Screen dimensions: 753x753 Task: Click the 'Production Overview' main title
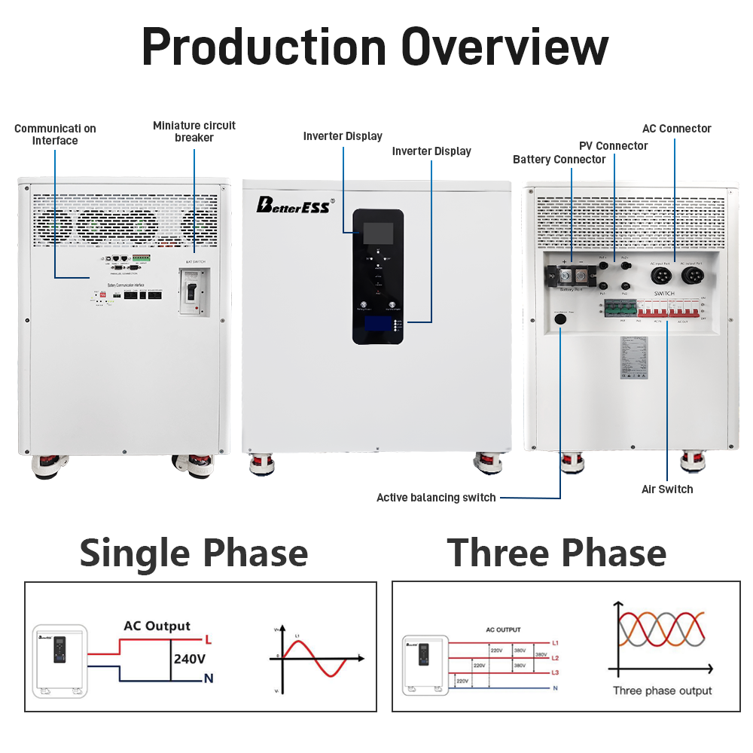pos(375,47)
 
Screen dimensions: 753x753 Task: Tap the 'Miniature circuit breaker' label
pos(194,131)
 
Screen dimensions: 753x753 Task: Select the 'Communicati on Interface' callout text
pos(55,135)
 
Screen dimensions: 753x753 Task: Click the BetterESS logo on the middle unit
pos(293,206)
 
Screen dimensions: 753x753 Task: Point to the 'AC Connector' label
pos(676,129)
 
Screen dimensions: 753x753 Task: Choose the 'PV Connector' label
pos(613,145)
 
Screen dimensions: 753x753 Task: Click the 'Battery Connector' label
pos(559,160)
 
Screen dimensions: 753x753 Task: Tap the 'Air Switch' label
pos(667,489)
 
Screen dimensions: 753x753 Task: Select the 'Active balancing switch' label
pos(436,498)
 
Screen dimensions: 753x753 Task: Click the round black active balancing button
pos(560,319)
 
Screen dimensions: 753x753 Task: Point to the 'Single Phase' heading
pos(194,553)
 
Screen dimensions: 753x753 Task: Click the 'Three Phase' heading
pos(556,553)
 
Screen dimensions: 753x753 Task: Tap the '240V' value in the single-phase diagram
pos(190,658)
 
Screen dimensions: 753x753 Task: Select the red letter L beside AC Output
pos(208,640)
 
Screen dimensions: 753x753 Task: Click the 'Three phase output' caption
pos(661,691)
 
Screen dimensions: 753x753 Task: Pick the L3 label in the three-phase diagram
pos(555,672)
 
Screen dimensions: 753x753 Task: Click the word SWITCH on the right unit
pos(663,292)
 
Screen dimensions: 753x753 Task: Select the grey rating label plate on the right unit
pos(632,357)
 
